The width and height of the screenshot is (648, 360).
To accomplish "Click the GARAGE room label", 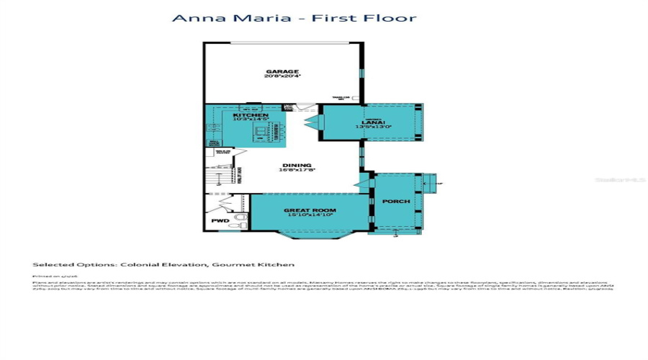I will coord(282,72).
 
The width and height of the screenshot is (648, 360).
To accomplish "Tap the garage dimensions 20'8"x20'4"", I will coord(282,77).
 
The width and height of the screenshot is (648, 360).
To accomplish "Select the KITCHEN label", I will coord(251,115).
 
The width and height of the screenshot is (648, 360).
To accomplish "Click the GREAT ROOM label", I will coord(310,210).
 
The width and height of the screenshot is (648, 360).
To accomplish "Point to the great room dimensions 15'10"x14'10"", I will coord(310,215).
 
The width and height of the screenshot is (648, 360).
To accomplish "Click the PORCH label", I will coord(395,202).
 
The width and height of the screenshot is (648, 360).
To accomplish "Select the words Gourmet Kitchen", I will coord(267,264).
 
